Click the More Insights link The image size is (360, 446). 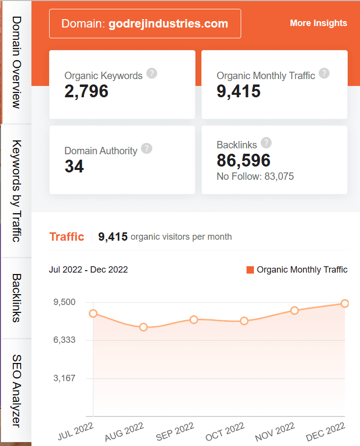coord(318,23)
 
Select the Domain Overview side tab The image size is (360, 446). coord(16,62)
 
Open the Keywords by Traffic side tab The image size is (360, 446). coord(16,191)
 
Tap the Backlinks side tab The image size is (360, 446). coord(16,298)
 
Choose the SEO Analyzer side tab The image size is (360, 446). coord(16,390)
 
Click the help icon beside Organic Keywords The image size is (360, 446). coord(152,74)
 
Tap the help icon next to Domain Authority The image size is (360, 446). coord(146,149)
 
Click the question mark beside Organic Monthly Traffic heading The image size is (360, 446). coord(324,74)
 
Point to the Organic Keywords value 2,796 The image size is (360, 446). coord(86,91)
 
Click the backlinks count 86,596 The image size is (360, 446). coord(244,161)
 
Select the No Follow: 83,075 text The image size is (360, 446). coord(255,176)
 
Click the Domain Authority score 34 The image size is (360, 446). coord(74,167)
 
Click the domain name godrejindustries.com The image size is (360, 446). coord(168,24)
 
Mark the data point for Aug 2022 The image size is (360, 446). coord(143,327)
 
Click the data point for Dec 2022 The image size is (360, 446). coord(345,304)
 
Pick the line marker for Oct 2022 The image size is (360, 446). coord(244,321)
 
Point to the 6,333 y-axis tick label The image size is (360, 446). coord(65,340)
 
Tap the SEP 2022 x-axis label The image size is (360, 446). coord(175,430)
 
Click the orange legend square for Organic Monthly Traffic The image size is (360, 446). coord(250,270)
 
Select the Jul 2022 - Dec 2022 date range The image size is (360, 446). coord(88,270)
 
